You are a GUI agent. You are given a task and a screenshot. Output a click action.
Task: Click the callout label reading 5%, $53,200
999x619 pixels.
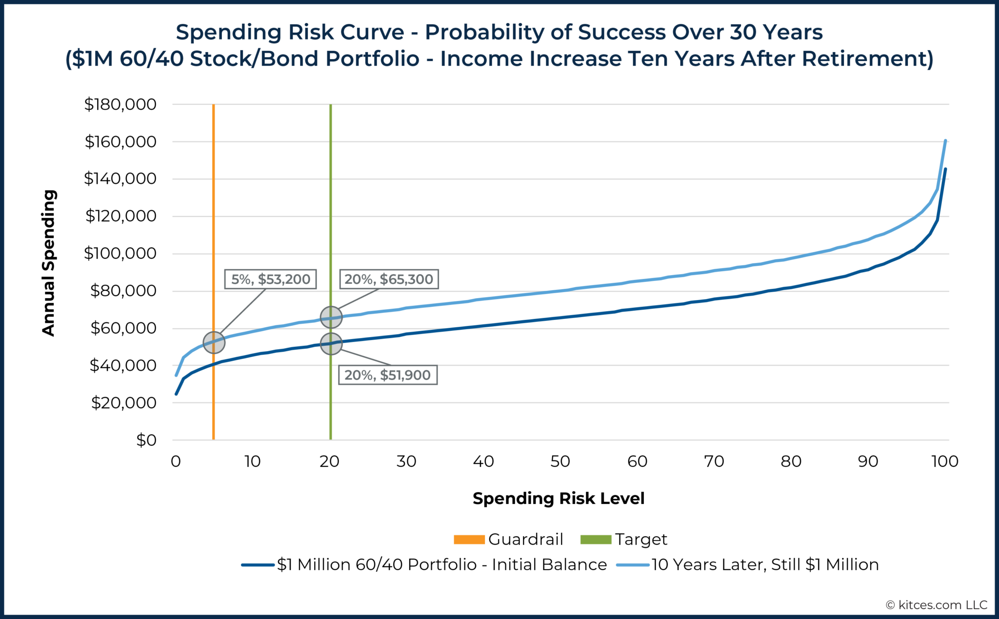point(270,279)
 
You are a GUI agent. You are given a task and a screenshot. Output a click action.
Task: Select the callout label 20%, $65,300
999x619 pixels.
point(389,279)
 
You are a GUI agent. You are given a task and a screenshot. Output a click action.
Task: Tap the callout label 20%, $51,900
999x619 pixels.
point(387,375)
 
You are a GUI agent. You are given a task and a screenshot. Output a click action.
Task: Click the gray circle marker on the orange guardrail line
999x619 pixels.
point(214,342)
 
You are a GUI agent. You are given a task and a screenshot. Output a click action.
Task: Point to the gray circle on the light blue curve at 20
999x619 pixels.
point(331,318)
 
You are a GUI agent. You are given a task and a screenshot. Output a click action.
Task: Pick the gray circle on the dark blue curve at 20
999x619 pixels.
point(331,344)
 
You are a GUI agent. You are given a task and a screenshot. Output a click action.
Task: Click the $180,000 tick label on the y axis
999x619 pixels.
point(120,104)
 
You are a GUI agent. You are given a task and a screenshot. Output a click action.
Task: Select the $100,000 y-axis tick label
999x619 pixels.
point(120,254)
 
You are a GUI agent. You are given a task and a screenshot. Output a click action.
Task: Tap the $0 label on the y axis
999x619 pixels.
point(146,440)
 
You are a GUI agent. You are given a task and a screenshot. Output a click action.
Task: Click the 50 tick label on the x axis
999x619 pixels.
point(560,461)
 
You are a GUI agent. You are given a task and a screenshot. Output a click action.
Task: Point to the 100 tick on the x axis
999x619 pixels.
point(944,461)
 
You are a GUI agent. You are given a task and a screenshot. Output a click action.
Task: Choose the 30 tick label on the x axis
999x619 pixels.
point(406,461)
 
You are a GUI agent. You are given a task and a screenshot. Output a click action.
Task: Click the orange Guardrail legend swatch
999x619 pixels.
point(469,539)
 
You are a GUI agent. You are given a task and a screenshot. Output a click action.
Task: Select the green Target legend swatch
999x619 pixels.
point(596,539)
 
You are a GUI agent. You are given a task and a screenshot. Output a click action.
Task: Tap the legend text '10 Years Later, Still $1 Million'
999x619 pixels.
point(765,565)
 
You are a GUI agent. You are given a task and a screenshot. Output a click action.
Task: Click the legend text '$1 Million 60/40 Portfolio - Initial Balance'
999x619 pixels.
point(442,565)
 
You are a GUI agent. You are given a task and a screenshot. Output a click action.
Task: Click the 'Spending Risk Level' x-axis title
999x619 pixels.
point(559,499)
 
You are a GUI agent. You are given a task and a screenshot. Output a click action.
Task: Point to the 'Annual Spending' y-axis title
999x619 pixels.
point(49,263)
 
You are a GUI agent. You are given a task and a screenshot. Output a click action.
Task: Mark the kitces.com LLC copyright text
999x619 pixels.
point(936,605)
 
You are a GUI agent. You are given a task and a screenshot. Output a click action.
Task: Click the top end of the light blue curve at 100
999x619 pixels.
point(945,141)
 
